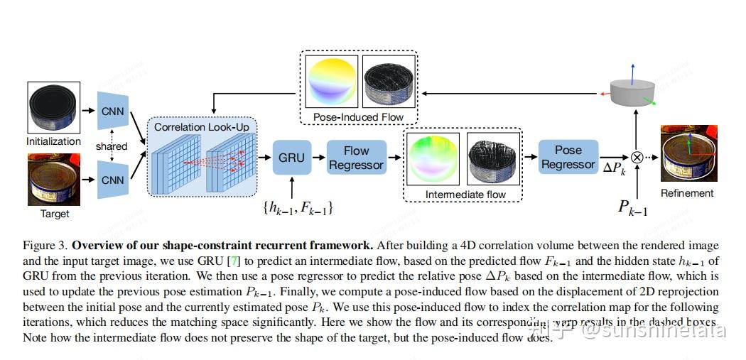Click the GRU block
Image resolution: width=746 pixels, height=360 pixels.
coord(291,158)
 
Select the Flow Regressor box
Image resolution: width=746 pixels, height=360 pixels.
coord(356,158)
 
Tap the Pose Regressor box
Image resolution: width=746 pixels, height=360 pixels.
coord(568,157)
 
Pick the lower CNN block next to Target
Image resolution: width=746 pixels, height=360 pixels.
coord(112,180)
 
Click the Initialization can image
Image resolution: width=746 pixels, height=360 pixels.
coord(54,108)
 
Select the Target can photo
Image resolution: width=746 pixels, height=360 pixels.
coord(54,181)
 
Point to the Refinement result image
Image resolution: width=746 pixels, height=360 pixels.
coord(687,156)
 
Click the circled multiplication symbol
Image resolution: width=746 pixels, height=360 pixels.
coord(637,158)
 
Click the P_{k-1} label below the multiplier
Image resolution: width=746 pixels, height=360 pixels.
coord(632,207)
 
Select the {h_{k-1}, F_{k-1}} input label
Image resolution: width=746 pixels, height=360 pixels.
coord(298,209)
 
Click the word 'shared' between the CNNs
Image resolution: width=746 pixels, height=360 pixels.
coord(112,146)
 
